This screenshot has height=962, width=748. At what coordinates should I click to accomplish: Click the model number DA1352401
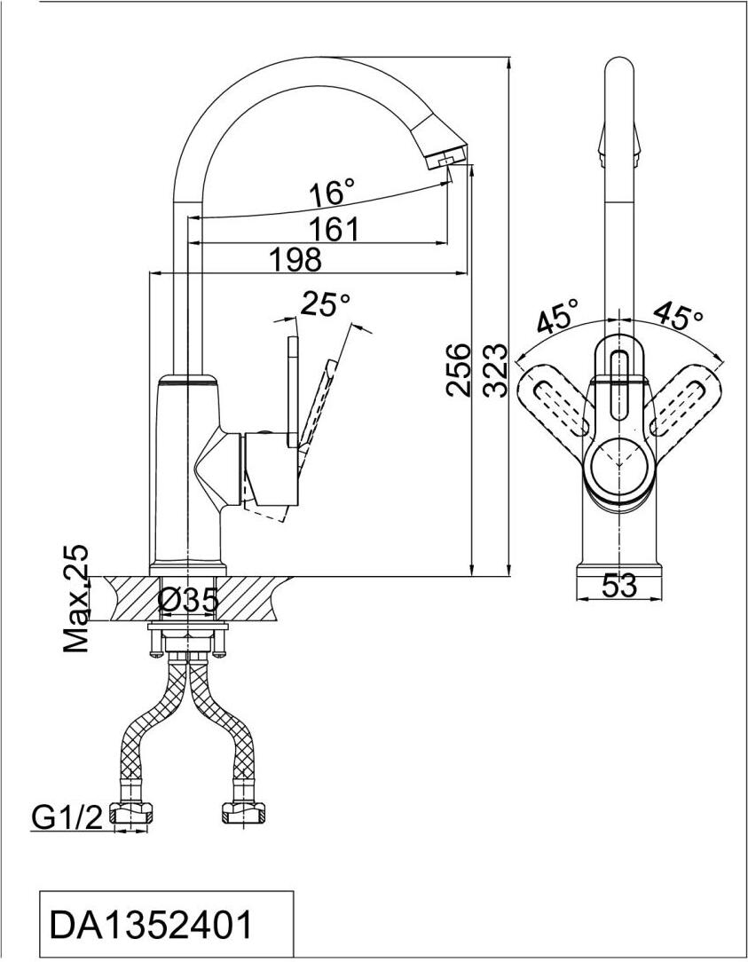click(x=152, y=926)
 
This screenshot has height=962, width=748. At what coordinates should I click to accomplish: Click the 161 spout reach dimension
click(x=334, y=230)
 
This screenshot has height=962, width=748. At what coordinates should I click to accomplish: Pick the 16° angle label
click(x=332, y=193)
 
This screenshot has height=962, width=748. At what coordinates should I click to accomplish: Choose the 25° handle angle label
click(x=326, y=304)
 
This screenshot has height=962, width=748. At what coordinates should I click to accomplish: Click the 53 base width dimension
click(x=619, y=587)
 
